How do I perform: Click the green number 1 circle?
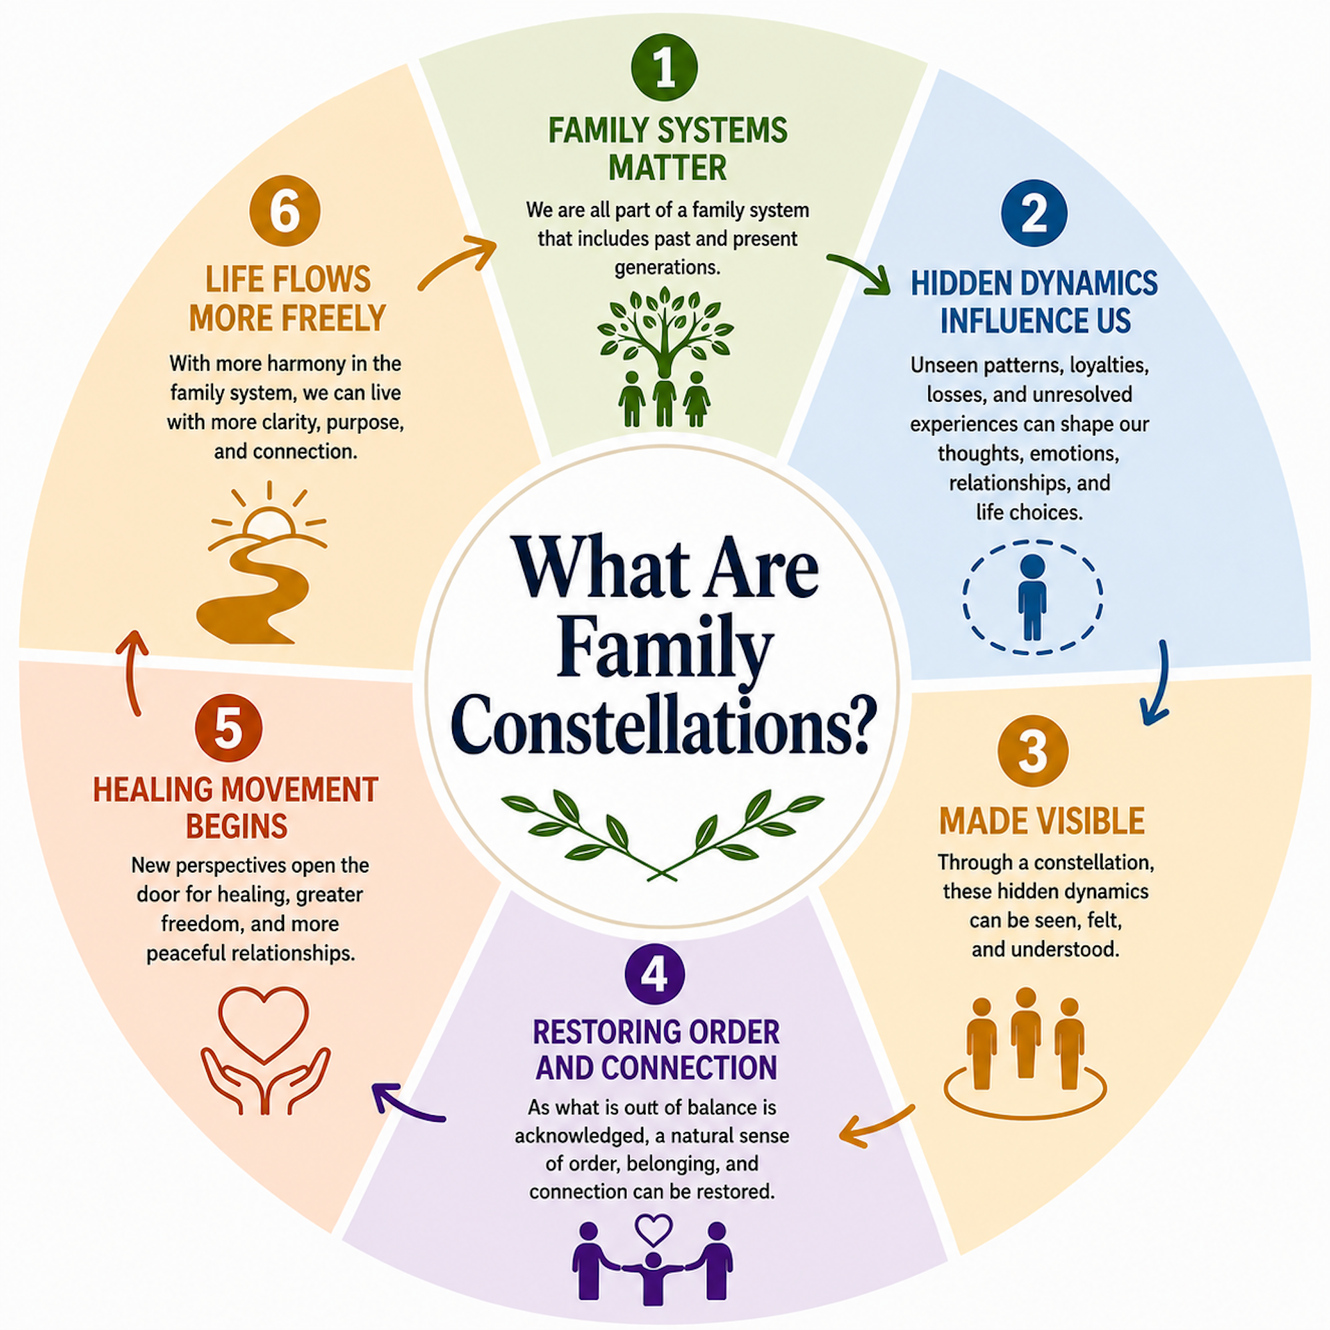click(x=664, y=67)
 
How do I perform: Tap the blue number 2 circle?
click(x=1034, y=213)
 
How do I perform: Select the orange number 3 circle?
click(x=1033, y=751)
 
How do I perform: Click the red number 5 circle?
click(x=229, y=728)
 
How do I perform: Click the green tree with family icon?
click(x=665, y=356)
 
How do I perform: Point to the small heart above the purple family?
click(x=652, y=1230)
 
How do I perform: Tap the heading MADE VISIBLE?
click(x=1042, y=821)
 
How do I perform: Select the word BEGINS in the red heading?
click(x=236, y=826)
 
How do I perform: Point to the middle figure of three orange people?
click(x=1025, y=1032)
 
